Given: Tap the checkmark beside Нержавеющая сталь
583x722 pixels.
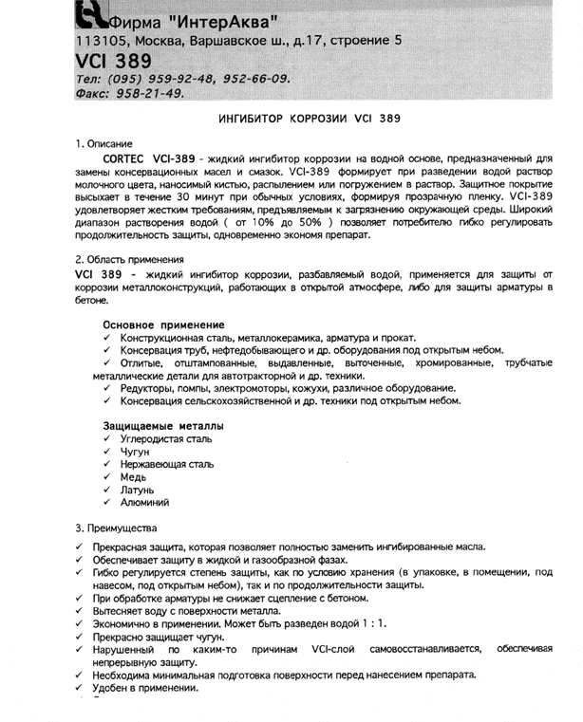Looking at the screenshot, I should (109, 465).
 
